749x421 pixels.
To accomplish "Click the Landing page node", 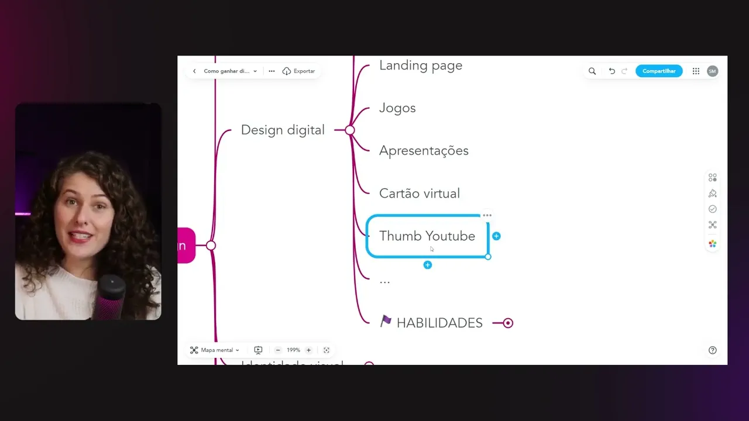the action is (x=420, y=65).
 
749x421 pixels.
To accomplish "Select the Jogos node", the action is (x=397, y=108).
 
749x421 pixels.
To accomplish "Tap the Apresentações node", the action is (x=424, y=151).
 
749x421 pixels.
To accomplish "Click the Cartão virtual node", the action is (x=419, y=194).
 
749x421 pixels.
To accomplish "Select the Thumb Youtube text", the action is (x=427, y=236).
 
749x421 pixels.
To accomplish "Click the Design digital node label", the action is (x=283, y=130).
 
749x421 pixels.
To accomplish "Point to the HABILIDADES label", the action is (x=439, y=323).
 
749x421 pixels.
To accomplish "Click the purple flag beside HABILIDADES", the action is (x=386, y=321).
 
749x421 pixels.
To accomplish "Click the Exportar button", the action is (x=299, y=71).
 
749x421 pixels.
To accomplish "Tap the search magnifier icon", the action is (x=592, y=71).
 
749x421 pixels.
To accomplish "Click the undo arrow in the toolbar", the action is (x=611, y=71).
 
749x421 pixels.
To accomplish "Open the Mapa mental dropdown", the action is (x=215, y=350).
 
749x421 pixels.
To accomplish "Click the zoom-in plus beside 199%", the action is (x=308, y=350).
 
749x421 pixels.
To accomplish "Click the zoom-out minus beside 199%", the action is (x=278, y=350).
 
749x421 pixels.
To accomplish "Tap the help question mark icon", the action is (x=712, y=350).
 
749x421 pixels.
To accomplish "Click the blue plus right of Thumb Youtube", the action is (x=496, y=236).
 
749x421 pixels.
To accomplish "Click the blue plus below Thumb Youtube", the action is (x=428, y=265).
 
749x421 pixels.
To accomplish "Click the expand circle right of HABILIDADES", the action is (x=508, y=323).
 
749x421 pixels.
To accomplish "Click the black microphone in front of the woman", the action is (x=111, y=295).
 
